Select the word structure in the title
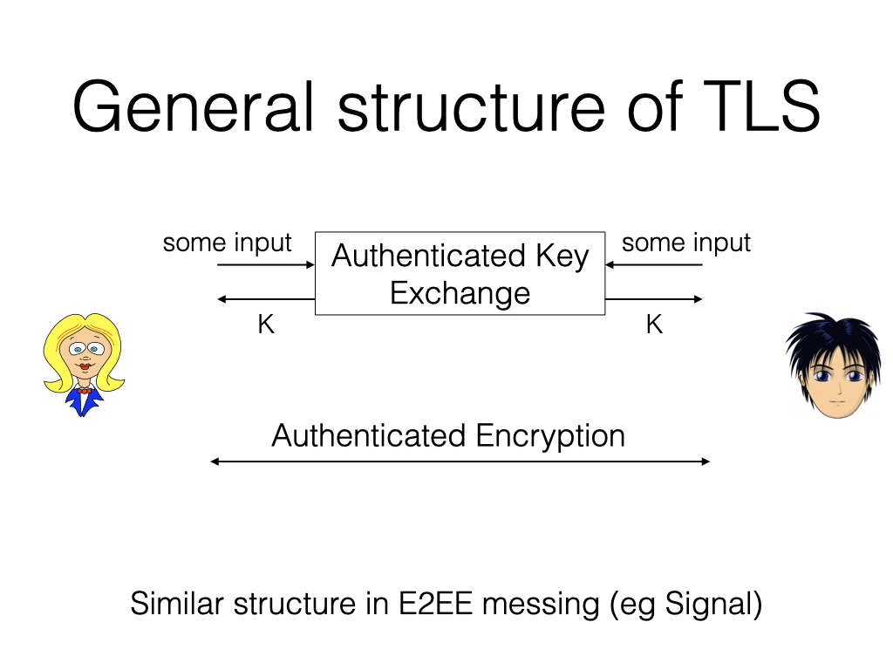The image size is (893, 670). [x=471, y=106]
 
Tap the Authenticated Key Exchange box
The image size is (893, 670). [x=460, y=273]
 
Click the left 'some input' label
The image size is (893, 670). [x=227, y=243]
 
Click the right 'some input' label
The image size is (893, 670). [x=685, y=243]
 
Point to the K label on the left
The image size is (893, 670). [x=266, y=325]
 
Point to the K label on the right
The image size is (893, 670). [x=654, y=325]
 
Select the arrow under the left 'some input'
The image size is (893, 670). [x=265, y=264]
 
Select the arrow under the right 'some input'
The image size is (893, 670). [x=654, y=264]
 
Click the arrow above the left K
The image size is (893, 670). [x=265, y=299]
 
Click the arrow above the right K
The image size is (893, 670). [x=654, y=299]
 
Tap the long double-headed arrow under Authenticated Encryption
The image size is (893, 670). [x=460, y=461]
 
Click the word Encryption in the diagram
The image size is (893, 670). [x=550, y=435]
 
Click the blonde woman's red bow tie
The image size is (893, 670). [x=85, y=390]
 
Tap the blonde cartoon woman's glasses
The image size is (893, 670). [x=85, y=350]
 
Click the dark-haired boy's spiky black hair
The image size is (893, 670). [x=824, y=336]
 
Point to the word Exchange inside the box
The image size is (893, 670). [x=460, y=292]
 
